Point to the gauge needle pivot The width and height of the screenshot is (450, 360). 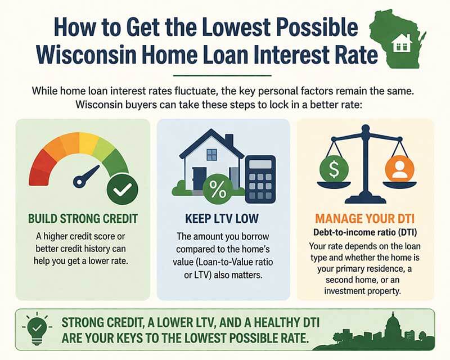79,182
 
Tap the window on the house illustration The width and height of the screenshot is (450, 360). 211,155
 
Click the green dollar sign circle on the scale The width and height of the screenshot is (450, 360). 332,169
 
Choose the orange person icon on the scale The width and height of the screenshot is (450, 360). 400,169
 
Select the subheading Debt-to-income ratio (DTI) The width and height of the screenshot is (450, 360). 365,232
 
